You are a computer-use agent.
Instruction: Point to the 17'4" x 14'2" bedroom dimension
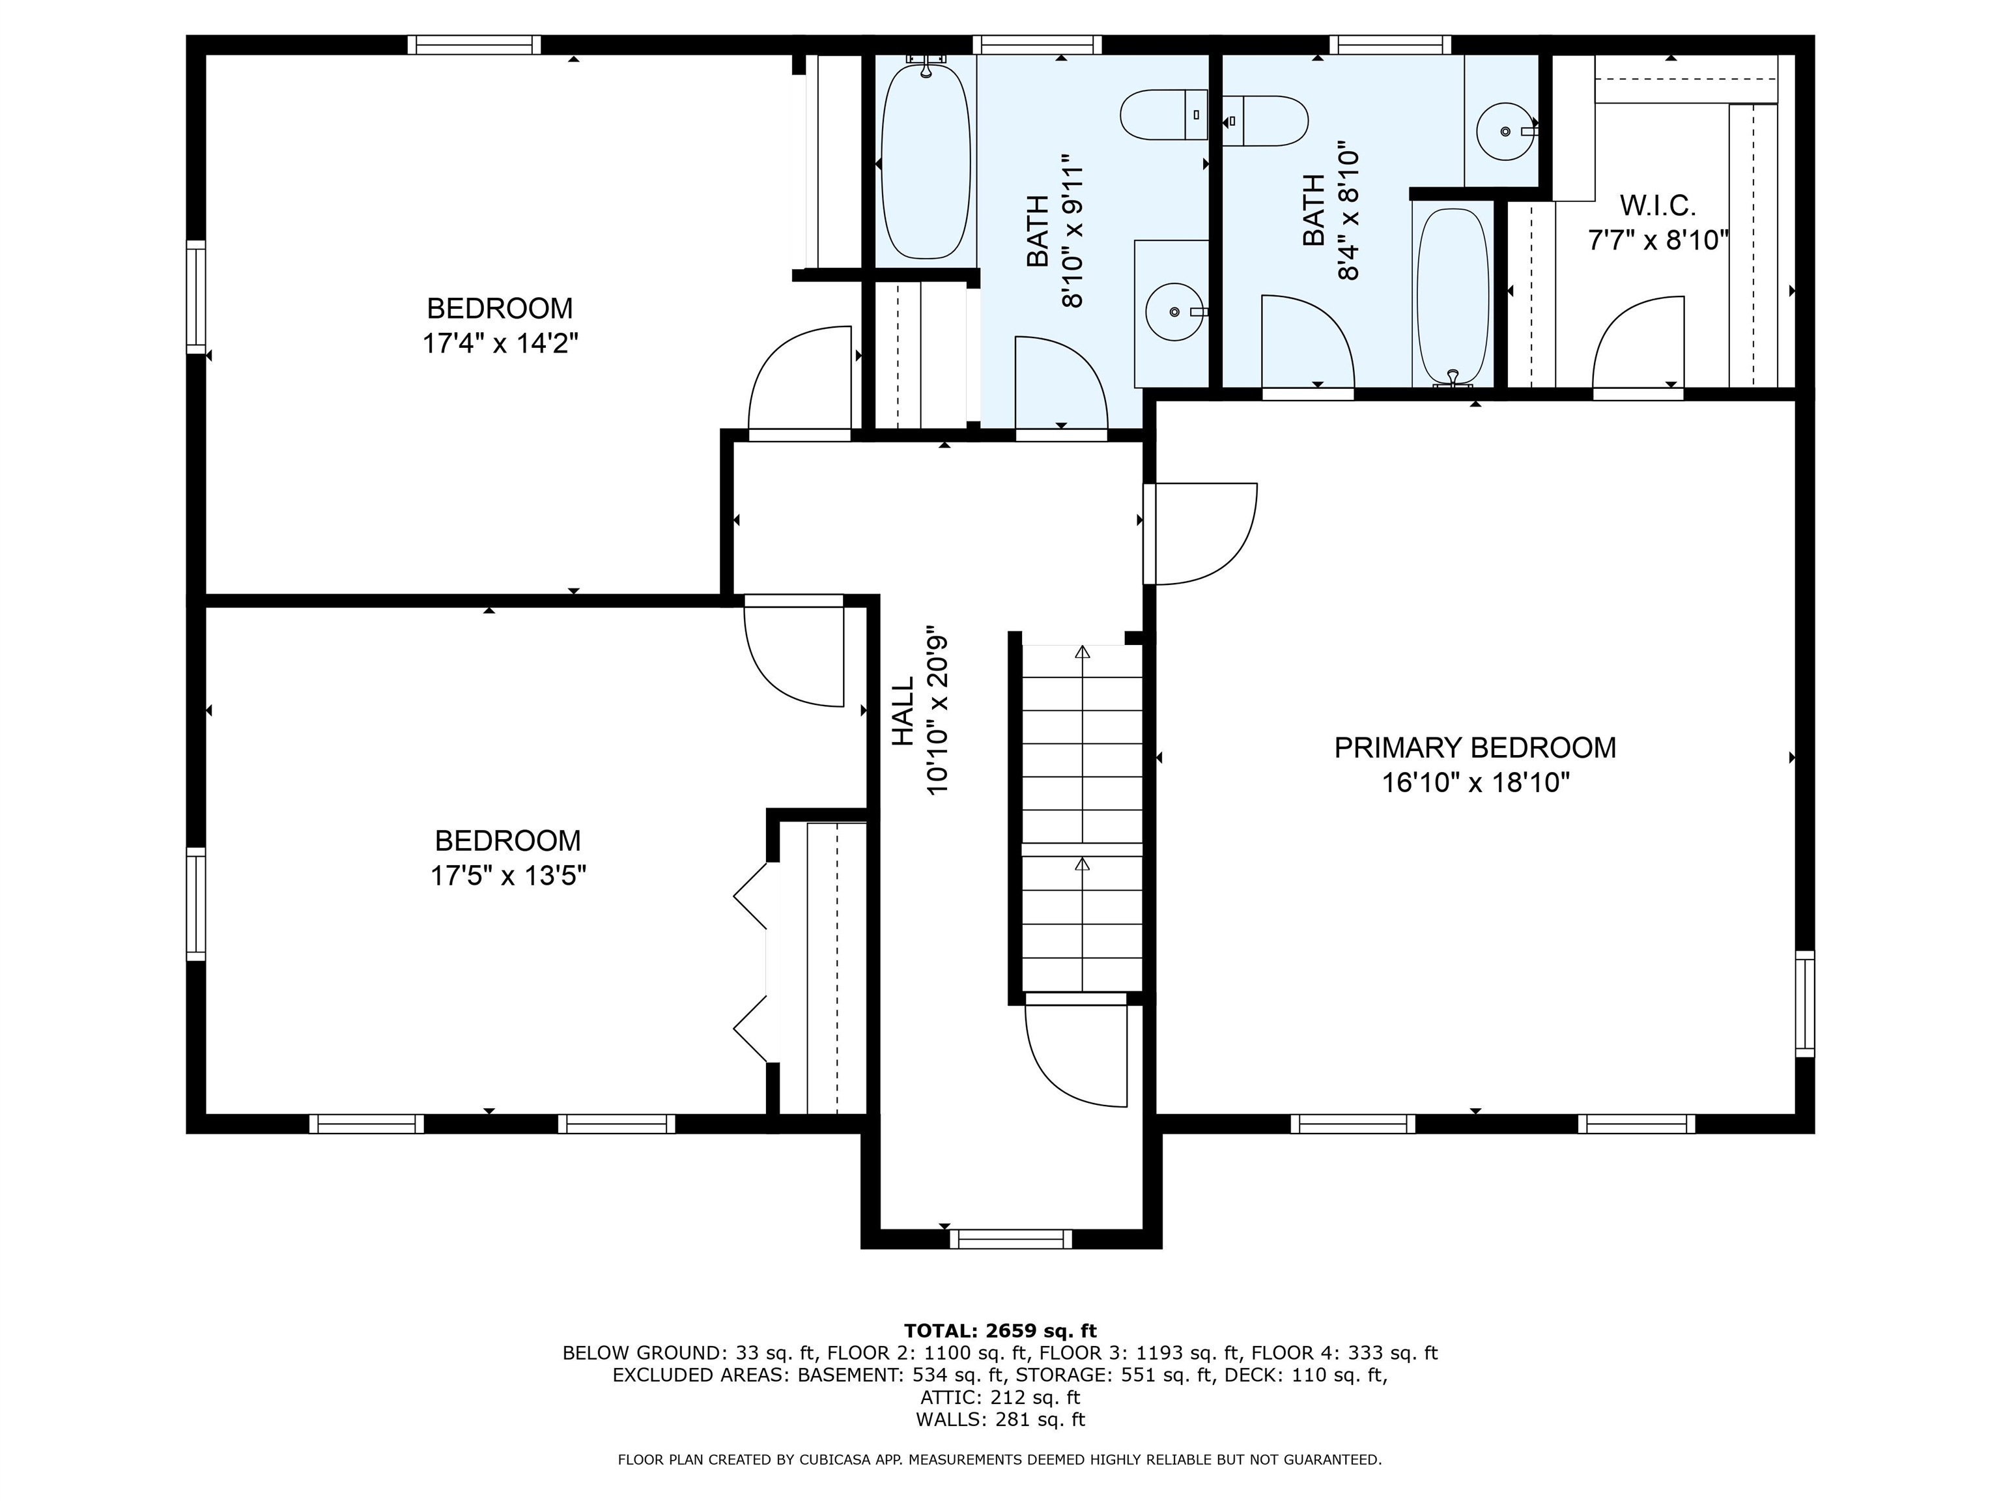coord(500,344)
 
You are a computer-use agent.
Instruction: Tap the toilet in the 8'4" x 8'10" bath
coord(1265,121)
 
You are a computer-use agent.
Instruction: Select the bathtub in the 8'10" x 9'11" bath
coord(926,158)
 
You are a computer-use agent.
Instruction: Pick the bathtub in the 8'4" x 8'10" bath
coord(1452,297)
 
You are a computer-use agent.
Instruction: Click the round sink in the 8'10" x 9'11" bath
coord(1175,311)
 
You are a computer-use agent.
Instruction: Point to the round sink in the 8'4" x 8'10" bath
coord(1506,131)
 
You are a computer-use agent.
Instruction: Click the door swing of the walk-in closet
coord(1638,344)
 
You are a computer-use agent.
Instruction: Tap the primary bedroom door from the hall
coord(1200,534)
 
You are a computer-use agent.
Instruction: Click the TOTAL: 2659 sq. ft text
coord(1000,1331)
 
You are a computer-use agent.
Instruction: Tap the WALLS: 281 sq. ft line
coord(1000,1420)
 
